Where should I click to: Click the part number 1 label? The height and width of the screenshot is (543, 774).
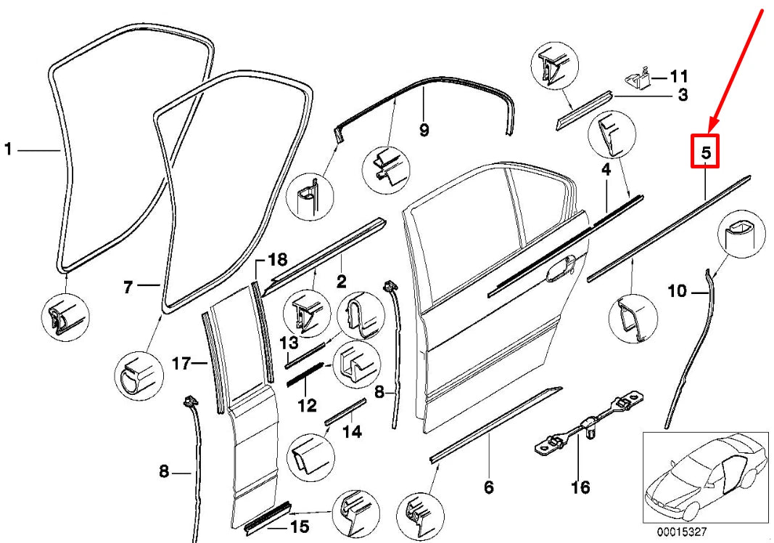tap(8, 150)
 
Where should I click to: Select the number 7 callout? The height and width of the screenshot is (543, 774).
tap(128, 288)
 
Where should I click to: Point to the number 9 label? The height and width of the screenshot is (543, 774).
tap(424, 130)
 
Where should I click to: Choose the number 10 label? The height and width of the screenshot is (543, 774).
tap(676, 292)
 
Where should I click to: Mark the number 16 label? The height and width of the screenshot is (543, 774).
tap(580, 487)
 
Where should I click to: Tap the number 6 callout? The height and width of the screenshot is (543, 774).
tap(488, 487)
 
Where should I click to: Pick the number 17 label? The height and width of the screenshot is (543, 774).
tap(180, 362)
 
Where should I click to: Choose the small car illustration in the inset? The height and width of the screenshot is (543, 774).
tap(704, 475)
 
